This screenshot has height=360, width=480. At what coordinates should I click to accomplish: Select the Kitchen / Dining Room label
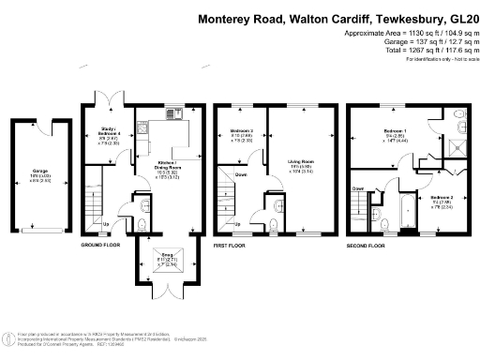coord(170,168)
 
